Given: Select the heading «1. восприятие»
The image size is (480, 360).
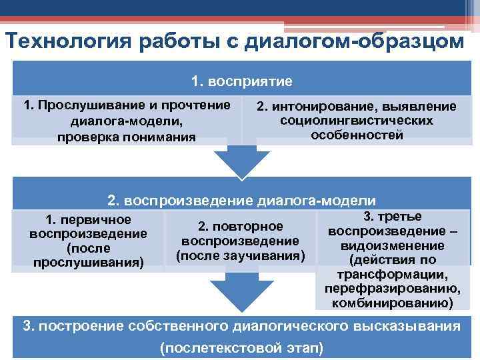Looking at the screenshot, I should click(x=241, y=81).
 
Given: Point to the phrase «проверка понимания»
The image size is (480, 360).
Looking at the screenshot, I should click(x=127, y=137).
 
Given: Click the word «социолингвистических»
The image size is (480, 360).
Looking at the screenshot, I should click(x=357, y=121).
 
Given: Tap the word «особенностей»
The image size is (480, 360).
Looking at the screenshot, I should click(x=357, y=135).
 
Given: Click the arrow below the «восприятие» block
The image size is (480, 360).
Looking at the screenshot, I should click(x=241, y=161).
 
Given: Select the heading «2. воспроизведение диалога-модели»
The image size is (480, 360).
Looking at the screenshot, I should click(x=241, y=201).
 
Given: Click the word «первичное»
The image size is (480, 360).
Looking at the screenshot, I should click(x=97, y=219).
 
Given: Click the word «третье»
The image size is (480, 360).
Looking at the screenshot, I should click(x=400, y=217).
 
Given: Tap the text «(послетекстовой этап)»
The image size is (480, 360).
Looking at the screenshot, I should click(x=241, y=347).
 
